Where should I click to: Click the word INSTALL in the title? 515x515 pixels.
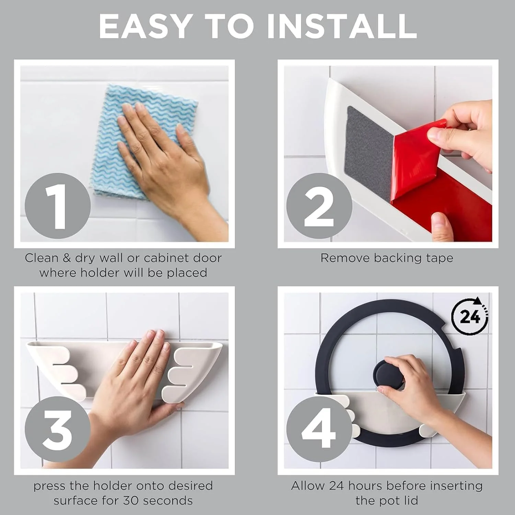click(x=342, y=26)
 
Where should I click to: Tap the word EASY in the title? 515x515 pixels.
click(x=145, y=26)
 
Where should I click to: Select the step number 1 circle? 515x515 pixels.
click(x=58, y=206)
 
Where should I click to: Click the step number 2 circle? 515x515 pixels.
click(x=319, y=206)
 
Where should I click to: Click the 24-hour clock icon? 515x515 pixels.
click(x=470, y=316)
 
